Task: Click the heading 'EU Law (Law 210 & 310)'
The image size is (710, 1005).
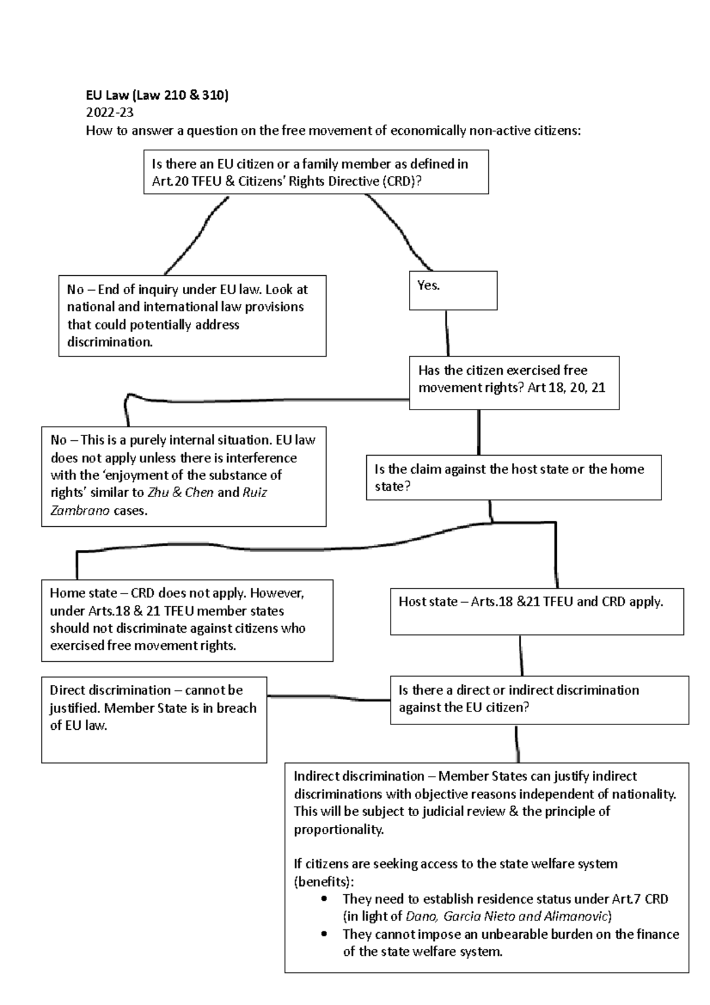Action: point(157,95)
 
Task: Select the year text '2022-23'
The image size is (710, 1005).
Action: point(109,113)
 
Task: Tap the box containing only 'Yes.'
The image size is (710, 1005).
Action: point(453,291)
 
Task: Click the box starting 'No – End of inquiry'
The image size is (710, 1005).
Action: point(192,315)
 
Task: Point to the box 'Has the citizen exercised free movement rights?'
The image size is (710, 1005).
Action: point(514,382)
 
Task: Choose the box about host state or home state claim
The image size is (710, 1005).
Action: point(513,478)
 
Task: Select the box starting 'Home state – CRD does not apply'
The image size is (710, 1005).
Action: point(187,620)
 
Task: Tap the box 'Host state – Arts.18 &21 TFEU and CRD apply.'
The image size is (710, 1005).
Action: point(536,611)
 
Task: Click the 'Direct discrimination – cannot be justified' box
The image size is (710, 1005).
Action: point(154,719)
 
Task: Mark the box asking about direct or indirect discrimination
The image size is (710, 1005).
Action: point(538,700)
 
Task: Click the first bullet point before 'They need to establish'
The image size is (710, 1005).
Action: point(323,900)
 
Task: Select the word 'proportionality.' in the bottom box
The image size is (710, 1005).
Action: point(339,829)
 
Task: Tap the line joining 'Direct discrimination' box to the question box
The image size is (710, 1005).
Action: point(328,698)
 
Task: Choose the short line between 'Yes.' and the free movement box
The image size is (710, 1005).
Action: point(447,333)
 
